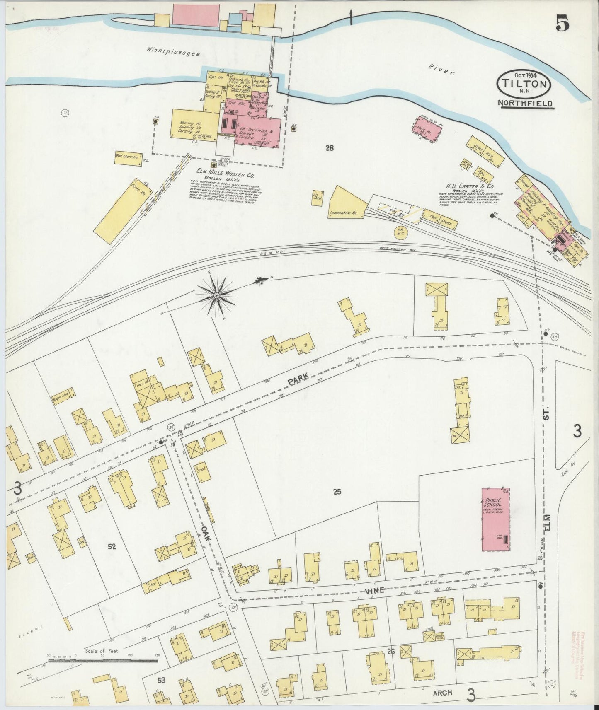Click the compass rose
tap(216, 295)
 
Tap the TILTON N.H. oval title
tap(525, 82)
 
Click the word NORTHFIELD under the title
tap(526, 104)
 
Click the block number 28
tap(330, 147)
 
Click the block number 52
tap(111, 546)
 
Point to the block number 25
tap(337, 492)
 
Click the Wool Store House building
tap(129, 158)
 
